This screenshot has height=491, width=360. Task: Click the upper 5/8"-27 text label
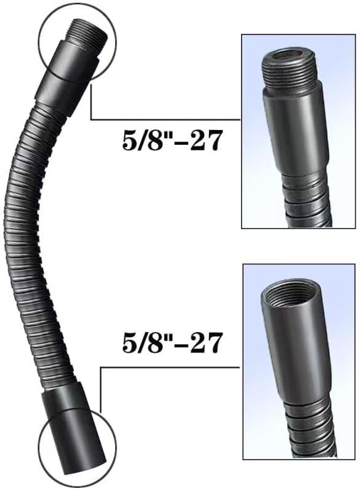(172, 141)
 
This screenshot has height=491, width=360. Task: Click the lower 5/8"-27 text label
(172, 343)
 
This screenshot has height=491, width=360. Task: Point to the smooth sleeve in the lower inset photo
(295, 354)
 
